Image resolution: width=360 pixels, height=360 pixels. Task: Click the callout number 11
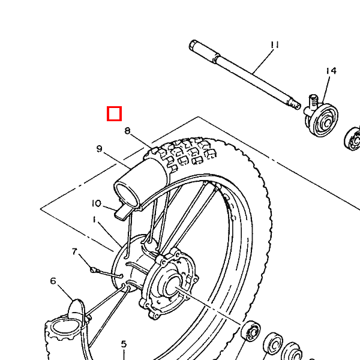275,45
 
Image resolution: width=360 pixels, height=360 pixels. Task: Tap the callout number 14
331,71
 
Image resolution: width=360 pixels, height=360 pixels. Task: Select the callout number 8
127,131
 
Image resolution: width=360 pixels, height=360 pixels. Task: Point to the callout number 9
99,149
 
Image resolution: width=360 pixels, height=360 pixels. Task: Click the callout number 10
97,203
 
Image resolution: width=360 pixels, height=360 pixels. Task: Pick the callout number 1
94,220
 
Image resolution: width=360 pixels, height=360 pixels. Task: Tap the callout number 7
74,252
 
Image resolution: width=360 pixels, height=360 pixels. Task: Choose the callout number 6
53,281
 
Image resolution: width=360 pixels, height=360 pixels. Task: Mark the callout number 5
124,344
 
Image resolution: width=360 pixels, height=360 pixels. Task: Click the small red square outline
115,113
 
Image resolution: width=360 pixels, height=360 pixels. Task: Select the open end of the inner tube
126,193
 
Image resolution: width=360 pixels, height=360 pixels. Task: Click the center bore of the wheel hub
172,284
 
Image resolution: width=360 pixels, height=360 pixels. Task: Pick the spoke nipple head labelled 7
93,270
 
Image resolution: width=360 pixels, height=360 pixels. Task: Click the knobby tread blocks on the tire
181,152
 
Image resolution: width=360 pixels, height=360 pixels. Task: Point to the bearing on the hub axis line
251,331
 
